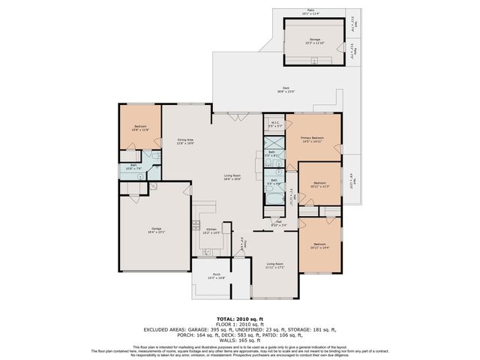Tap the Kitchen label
211,230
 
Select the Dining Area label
185,142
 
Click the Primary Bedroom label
312,139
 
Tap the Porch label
216,277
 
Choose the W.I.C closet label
274,124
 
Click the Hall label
277,223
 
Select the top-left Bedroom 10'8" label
141,128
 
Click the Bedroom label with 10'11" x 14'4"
320,246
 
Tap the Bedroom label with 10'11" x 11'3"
320,184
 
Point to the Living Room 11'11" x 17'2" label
275,265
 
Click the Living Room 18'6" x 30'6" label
232,178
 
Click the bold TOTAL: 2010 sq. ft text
239,319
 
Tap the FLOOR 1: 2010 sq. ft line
239,324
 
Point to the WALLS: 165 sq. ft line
239,340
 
